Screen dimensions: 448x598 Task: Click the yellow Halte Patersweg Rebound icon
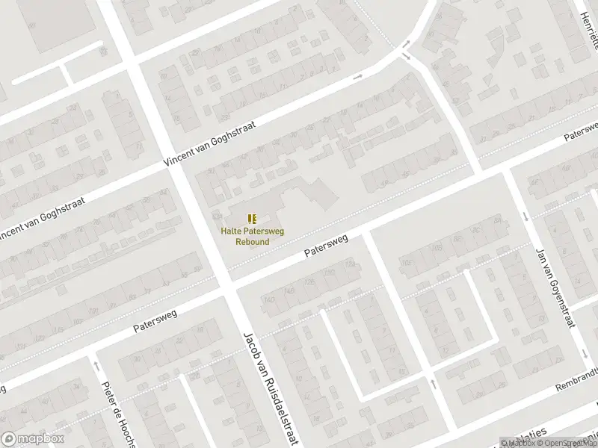253,218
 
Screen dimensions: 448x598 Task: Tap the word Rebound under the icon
253,241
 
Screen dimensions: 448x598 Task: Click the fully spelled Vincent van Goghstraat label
210,143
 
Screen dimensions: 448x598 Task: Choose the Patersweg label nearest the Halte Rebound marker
327,248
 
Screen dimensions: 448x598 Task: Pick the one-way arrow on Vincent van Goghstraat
357,76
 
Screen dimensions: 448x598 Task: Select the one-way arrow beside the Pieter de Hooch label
96,365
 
